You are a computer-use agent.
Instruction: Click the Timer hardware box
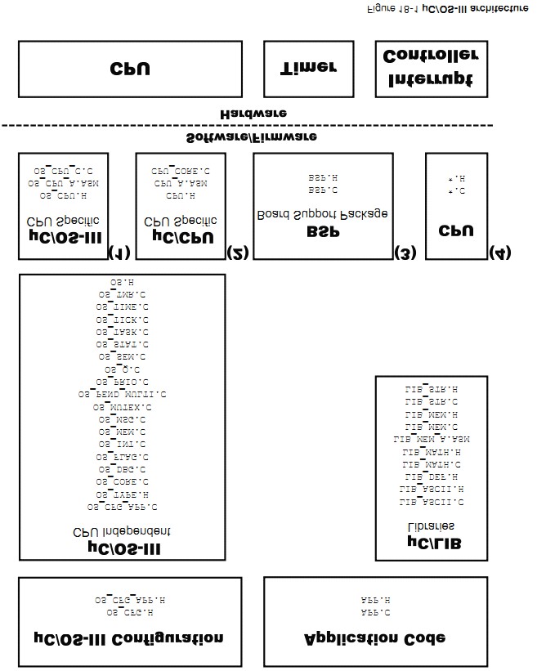coord(308,69)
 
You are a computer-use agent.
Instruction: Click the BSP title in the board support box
coord(322,232)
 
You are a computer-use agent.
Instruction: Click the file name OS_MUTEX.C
coord(122,406)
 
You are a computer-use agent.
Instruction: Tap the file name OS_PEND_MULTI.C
coord(122,394)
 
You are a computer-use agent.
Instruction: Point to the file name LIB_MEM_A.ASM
coord(432,440)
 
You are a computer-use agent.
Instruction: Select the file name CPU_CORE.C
coord(180,172)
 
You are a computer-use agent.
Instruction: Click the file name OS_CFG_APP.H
coord(129,600)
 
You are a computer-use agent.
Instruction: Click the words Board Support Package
coord(322,214)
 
